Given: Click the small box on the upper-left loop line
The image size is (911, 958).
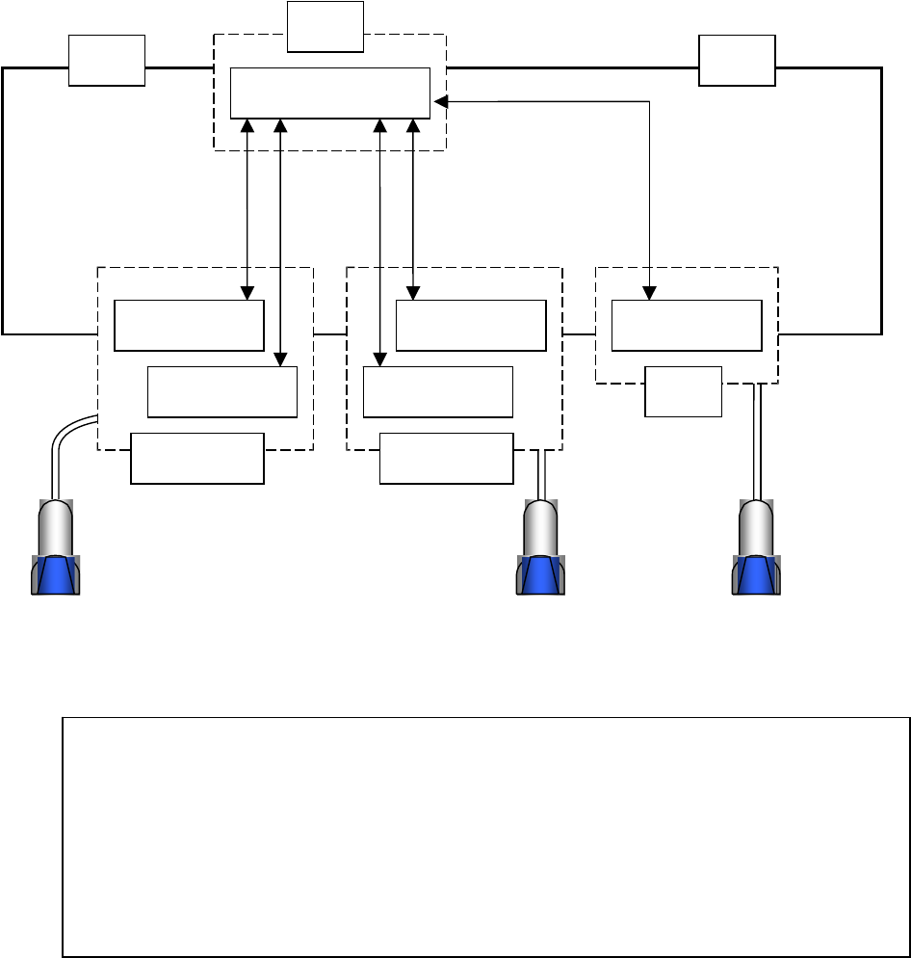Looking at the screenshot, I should tap(107, 61).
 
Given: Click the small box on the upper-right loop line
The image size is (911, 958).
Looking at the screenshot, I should tap(738, 61).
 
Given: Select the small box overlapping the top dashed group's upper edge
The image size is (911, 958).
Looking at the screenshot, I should tap(325, 26).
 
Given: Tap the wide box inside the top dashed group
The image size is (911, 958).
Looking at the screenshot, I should tap(330, 93).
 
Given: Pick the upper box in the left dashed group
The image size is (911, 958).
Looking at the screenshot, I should tap(189, 326).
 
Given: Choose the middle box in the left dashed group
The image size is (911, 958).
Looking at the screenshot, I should tap(221, 391).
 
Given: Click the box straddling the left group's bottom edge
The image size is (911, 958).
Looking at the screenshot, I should tap(197, 458).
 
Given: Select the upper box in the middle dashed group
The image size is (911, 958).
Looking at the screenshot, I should tap(470, 326).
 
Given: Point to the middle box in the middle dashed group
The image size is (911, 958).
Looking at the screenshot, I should tap(438, 391).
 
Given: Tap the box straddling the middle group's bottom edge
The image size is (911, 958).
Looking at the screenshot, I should tap(446, 458).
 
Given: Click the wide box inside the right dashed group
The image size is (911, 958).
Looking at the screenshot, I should tap(687, 326).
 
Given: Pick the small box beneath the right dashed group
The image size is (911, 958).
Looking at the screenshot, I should tap(683, 391).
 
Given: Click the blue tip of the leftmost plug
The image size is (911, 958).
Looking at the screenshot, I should tap(56, 575).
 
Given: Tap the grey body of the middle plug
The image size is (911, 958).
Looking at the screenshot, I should tap(540, 528).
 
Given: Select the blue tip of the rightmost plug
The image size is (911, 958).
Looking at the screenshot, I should tap(757, 575).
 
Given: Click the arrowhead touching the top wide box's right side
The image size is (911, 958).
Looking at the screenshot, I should tap(439, 100).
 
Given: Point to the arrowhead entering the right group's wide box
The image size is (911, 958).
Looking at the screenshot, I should tap(650, 293).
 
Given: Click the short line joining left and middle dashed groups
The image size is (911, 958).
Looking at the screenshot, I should tap(329, 334).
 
